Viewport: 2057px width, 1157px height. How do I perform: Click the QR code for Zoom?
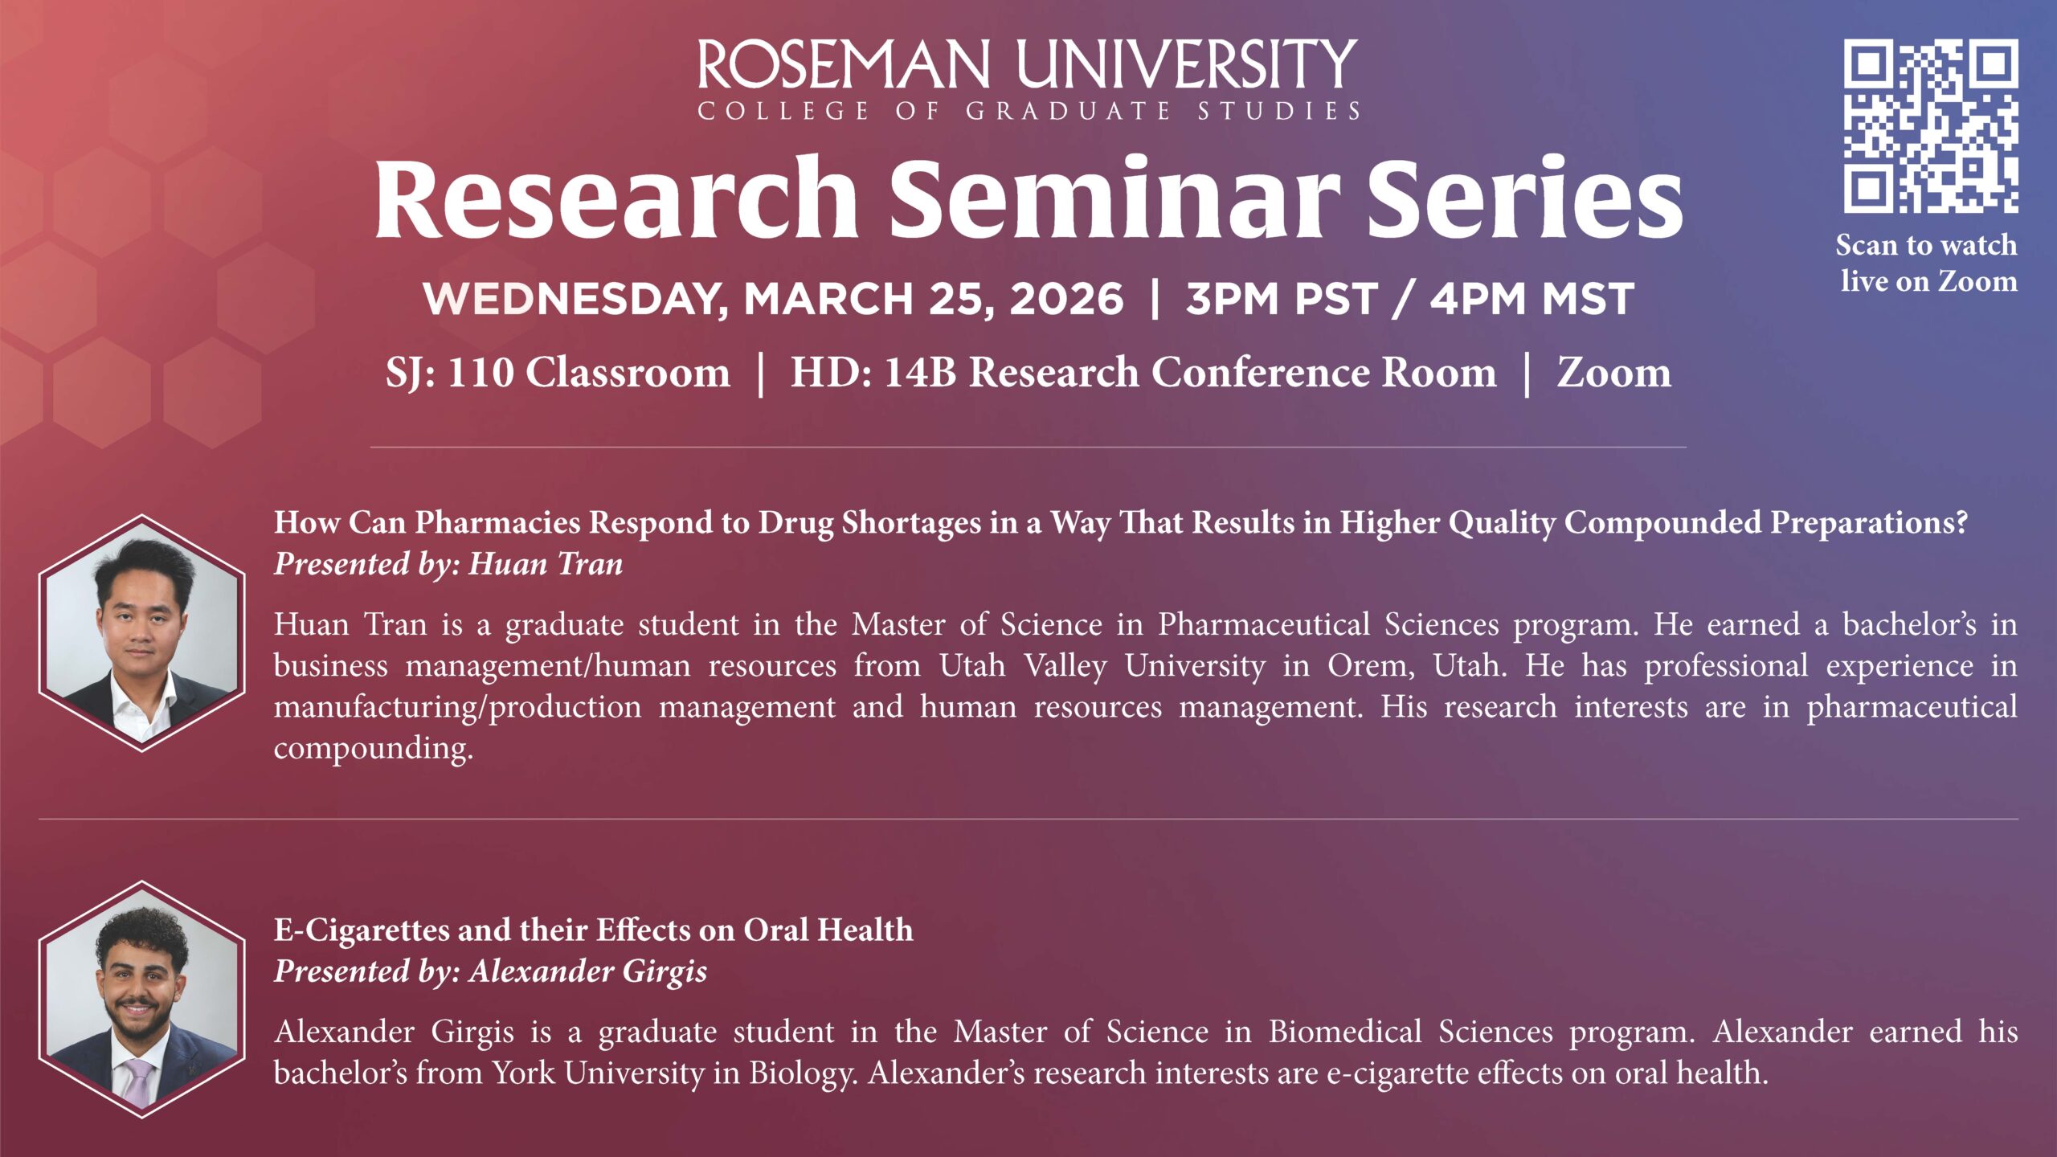click(1930, 126)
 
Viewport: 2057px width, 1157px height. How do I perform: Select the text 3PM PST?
click(1282, 299)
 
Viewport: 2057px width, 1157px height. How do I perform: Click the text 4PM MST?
click(1532, 299)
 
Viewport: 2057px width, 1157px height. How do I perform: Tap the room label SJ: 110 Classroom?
click(558, 373)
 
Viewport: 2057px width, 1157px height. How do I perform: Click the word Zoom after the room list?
click(1614, 373)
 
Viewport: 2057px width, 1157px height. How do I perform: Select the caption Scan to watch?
click(1926, 245)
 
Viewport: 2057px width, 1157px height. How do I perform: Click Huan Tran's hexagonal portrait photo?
click(142, 633)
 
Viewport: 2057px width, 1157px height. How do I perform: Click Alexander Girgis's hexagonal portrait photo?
click(142, 1000)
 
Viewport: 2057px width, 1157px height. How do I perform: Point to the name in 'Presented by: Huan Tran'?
click(546, 564)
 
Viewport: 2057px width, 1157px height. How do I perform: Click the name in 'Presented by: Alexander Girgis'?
click(588, 971)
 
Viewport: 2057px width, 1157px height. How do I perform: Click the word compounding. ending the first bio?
click(374, 749)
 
